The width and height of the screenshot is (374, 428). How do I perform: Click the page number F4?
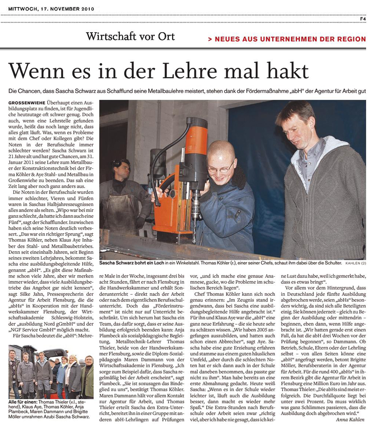point(362,19)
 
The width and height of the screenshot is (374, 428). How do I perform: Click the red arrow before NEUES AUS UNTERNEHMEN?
point(211,39)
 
